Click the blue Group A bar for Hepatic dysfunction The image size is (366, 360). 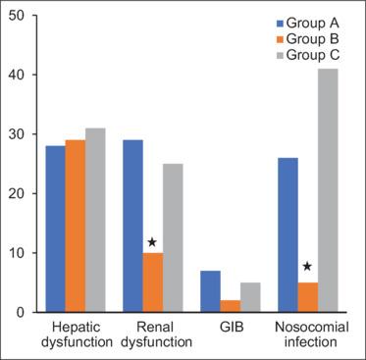(x=55, y=229)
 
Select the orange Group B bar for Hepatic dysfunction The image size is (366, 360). (x=75, y=226)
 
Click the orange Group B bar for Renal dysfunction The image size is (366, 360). (x=152, y=283)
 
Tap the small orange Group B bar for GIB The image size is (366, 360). (x=230, y=306)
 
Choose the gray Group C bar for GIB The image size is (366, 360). (x=250, y=297)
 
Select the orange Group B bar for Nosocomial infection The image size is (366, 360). (x=307, y=297)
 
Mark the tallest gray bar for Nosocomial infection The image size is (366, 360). (x=328, y=190)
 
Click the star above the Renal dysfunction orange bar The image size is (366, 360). (x=152, y=242)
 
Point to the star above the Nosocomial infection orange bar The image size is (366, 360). (x=307, y=266)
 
